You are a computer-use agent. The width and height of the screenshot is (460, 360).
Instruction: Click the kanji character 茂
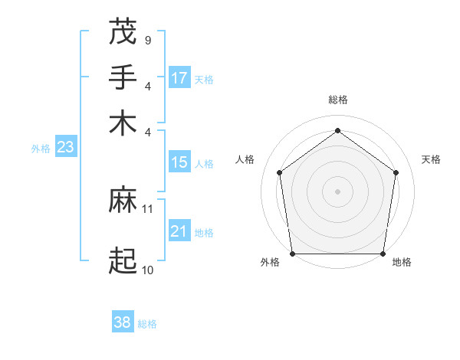pos(123,32)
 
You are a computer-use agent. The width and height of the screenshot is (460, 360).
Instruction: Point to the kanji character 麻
pos(123,200)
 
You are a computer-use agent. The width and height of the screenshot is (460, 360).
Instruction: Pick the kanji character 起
pos(123,260)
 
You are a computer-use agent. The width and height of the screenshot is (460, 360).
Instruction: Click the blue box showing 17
pos(179,78)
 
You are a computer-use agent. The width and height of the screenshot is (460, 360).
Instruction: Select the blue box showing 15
pos(179,162)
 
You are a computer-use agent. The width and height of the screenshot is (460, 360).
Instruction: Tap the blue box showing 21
pos(179,231)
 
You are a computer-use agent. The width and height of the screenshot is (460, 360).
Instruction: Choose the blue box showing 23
pos(65,148)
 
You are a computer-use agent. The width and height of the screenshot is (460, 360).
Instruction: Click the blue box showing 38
pos(123,322)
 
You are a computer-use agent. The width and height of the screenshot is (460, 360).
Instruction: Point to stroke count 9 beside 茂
pos(147,40)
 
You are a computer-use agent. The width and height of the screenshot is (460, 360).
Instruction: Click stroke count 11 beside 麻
pos(148,208)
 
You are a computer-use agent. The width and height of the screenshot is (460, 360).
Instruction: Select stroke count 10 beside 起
pos(148,270)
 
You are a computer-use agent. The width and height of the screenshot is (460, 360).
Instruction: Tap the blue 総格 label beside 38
pos(147,324)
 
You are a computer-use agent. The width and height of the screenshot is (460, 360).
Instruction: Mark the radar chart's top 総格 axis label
pos(337,100)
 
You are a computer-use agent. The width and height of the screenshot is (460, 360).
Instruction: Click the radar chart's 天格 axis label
pos(431,159)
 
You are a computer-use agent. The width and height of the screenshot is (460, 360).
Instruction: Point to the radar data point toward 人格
pos(279,172)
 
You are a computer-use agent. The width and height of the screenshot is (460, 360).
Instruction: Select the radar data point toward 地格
pos(383,254)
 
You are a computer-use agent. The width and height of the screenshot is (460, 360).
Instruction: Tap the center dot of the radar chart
pos(337,191)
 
